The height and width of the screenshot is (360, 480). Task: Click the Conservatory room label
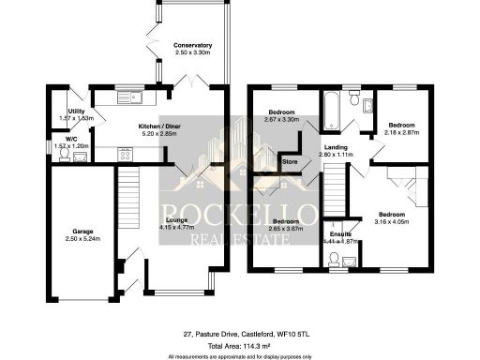[193, 45]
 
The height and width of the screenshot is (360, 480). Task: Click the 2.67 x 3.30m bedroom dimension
[280, 119]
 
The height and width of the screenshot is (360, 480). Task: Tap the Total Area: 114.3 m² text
[240, 345]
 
